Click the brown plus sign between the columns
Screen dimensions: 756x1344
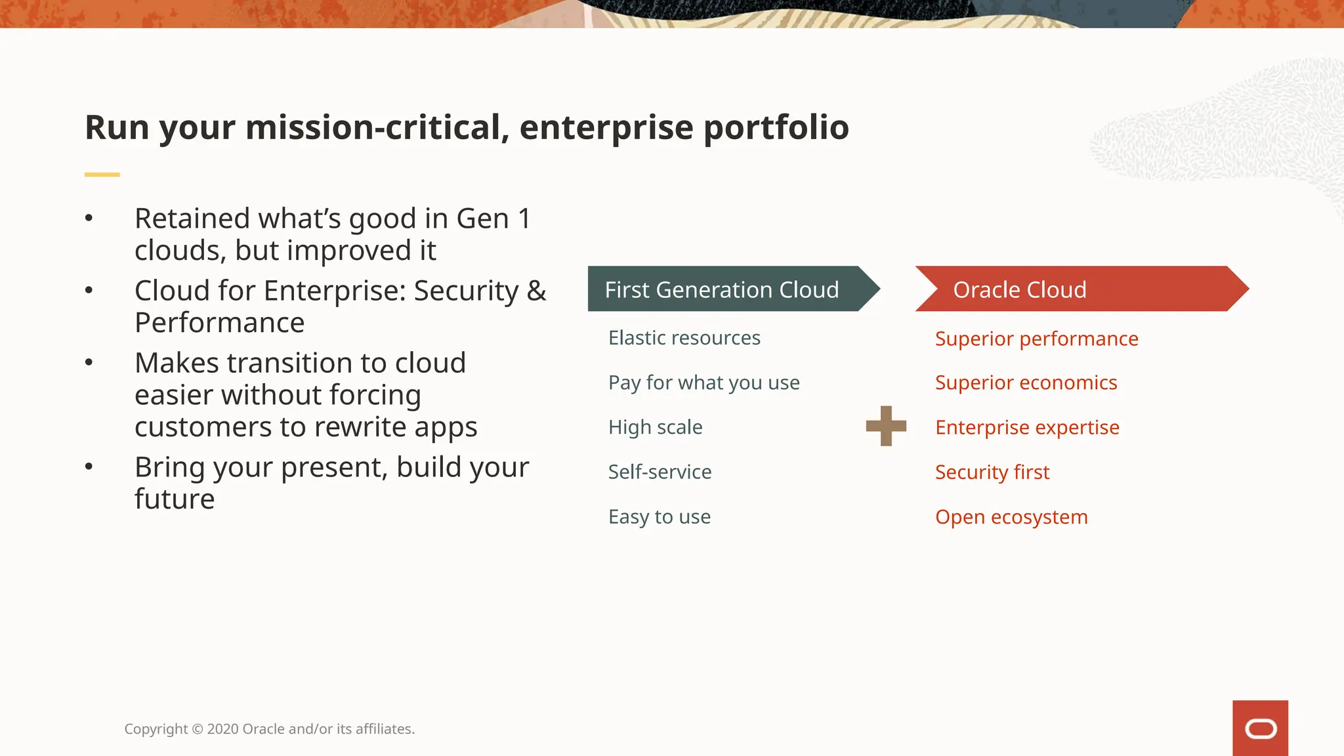pyautogui.click(x=886, y=426)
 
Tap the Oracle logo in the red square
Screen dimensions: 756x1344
pyautogui.click(x=1260, y=728)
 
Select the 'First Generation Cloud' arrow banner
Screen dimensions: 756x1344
pyautogui.click(x=722, y=289)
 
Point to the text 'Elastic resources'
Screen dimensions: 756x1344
pyautogui.click(x=684, y=338)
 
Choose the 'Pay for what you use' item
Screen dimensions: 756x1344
pyautogui.click(x=703, y=383)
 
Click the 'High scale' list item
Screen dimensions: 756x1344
pyautogui.click(x=655, y=427)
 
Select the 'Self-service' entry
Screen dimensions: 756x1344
pyautogui.click(x=660, y=472)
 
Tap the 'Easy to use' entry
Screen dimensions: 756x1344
pyautogui.click(x=659, y=516)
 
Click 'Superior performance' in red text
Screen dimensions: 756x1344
pyautogui.click(x=1036, y=339)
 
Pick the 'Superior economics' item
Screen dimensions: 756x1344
pyautogui.click(x=1026, y=383)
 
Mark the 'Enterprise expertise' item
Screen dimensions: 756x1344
pyautogui.click(x=1027, y=427)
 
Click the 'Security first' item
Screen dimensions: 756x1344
pyautogui.click(x=992, y=472)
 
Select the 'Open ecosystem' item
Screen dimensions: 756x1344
pyautogui.click(x=1011, y=517)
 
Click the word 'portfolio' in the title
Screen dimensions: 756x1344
pyautogui.click(x=776, y=128)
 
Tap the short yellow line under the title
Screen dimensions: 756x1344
pyautogui.click(x=102, y=175)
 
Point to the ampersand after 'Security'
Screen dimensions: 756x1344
pyautogui.click(x=536, y=291)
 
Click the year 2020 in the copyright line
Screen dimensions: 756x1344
pyautogui.click(x=222, y=729)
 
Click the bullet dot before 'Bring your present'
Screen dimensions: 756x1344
pyautogui.click(x=89, y=467)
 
